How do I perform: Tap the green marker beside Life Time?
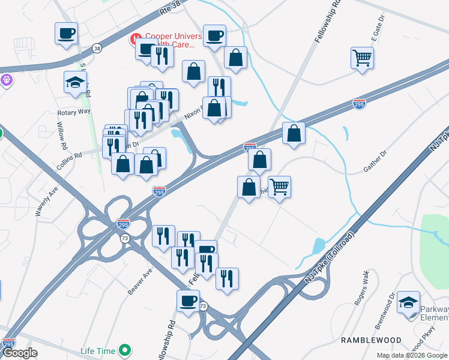pyautogui.click(x=125, y=349)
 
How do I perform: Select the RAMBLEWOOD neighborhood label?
pyautogui.click(x=371, y=340)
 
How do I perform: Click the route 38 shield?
pyautogui.click(x=97, y=47)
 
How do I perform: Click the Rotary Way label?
pyautogui.click(x=73, y=112)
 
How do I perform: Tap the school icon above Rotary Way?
pyautogui.click(x=76, y=83)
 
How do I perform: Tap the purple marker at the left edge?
pyautogui.click(x=7, y=79)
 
